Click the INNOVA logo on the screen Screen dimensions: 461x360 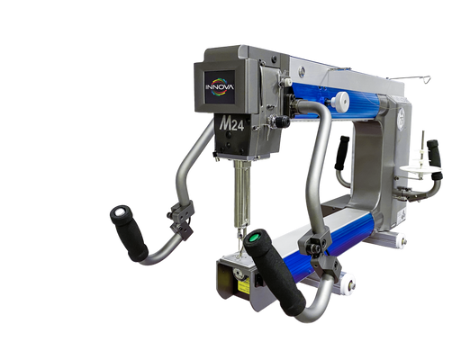(x=220, y=87)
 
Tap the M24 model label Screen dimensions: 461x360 (x=231, y=124)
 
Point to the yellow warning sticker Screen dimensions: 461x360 (x=244, y=285)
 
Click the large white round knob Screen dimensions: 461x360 (x=341, y=100)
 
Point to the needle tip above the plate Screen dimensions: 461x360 (x=240, y=255)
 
